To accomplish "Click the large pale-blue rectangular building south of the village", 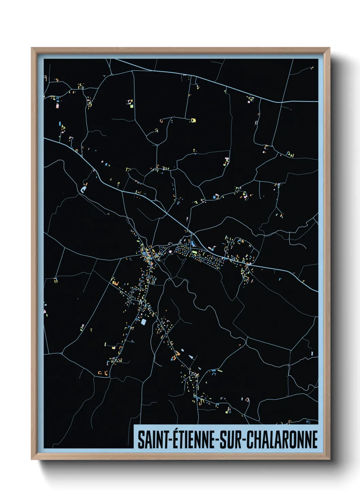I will (143, 321).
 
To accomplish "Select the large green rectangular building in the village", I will (195, 253).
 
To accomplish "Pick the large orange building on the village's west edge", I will (114, 282).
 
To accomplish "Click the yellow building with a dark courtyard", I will (193, 120).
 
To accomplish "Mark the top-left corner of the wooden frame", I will (32, 48).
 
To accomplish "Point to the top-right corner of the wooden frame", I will (329, 48).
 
